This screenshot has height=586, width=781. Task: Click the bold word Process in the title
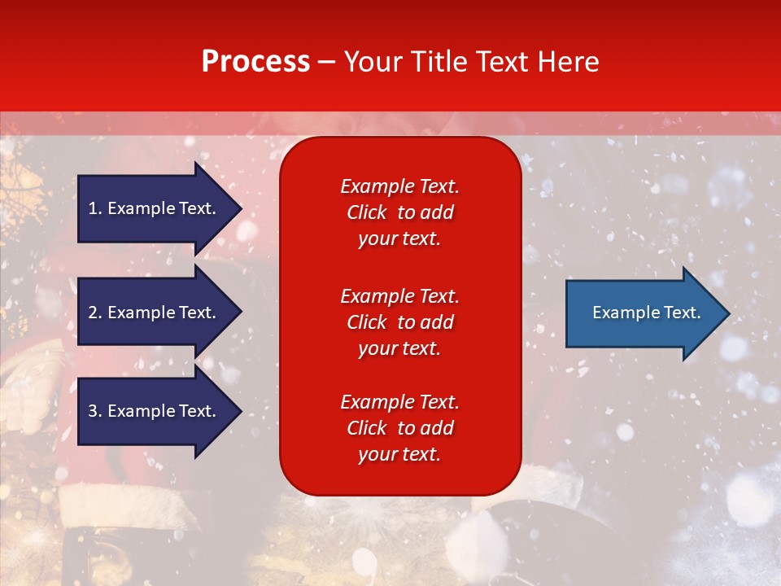tap(255, 61)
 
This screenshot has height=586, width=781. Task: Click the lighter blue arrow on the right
tap(643, 313)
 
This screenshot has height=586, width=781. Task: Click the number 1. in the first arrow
tap(94, 208)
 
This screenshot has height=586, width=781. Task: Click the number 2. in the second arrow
tap(94, 313)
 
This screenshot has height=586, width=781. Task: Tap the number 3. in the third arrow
tap(94, 411)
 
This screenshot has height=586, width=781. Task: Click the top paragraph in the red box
tap(399, 212)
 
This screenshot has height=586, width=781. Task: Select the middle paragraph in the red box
tap(399, 322)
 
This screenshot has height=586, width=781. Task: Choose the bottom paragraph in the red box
tap(399, 428)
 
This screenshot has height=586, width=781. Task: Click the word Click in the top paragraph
tap(366, 212)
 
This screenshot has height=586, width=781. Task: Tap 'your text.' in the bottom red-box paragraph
tap(399, 454)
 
